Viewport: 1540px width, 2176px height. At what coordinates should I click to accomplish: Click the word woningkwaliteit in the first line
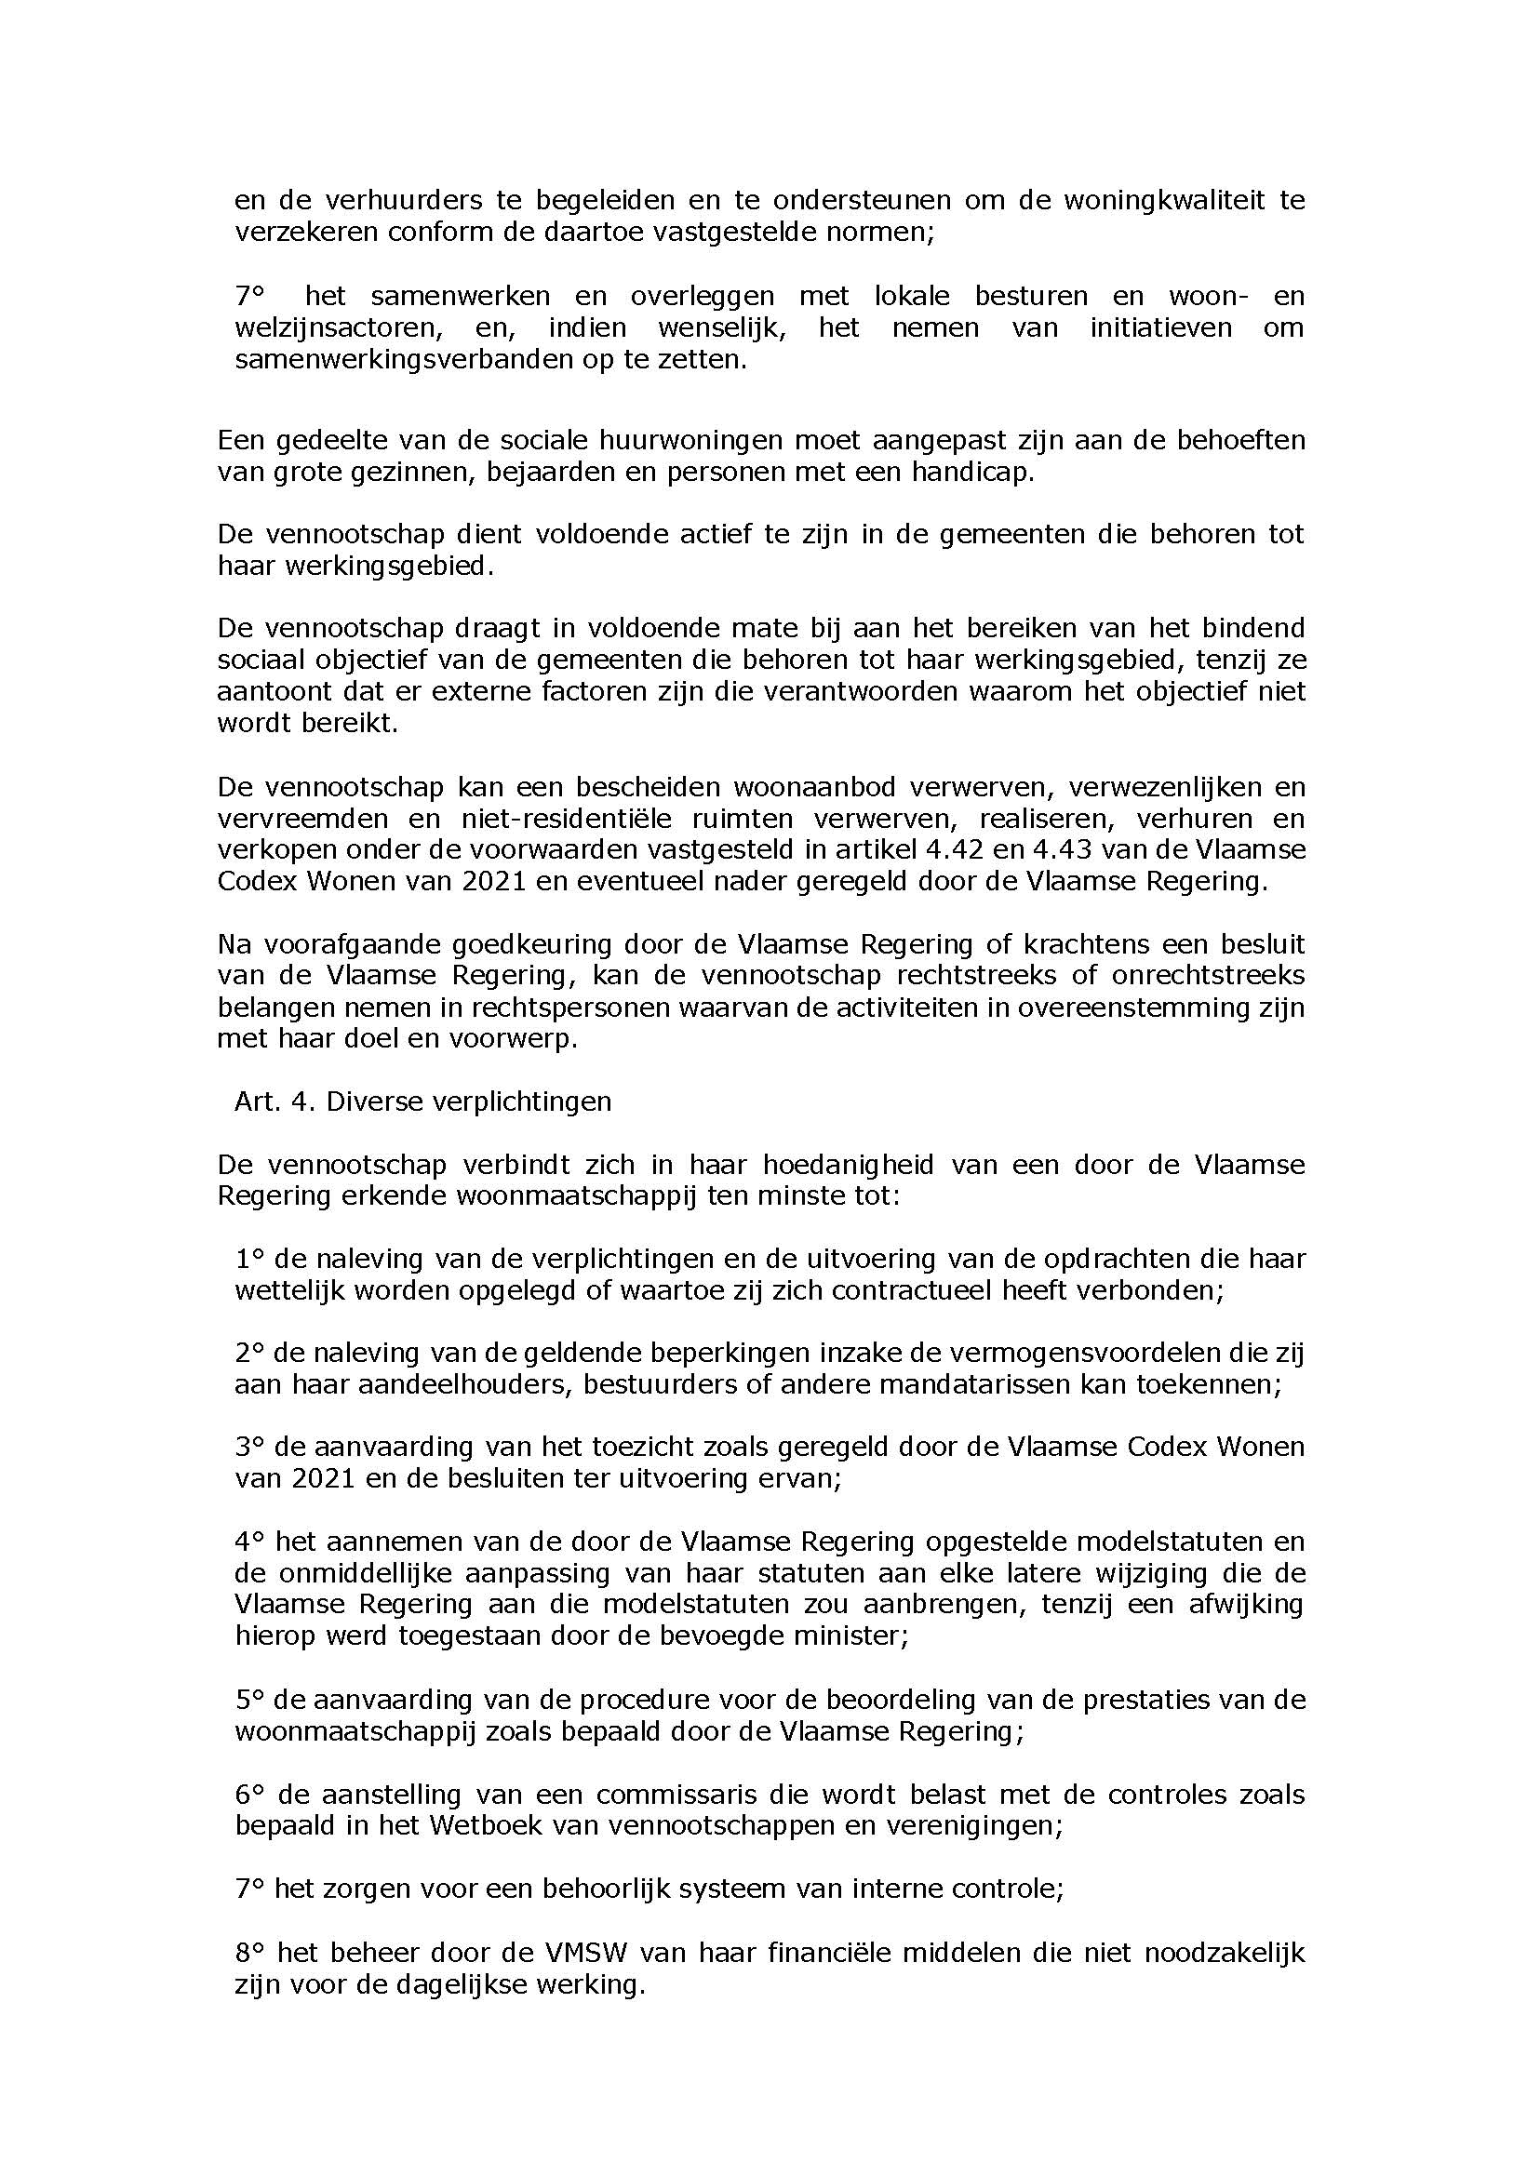(x=1163, y=201)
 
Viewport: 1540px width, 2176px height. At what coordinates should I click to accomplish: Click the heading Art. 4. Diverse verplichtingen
(x=423, y=1101)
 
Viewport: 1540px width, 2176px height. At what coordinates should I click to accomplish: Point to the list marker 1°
(x=248, y=1258)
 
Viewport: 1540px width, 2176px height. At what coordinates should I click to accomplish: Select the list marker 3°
(x=248, y=1447)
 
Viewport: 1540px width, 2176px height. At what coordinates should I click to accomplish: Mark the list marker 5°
(x=248, y=1699)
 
